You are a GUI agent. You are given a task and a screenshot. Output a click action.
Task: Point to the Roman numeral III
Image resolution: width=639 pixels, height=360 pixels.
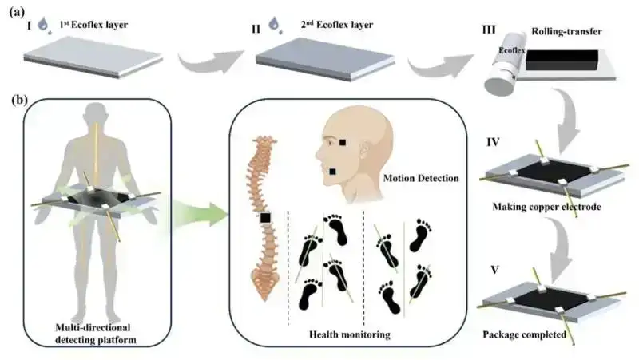(x=488, y=28)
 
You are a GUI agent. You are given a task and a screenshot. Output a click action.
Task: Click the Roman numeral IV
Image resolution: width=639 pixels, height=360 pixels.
(x=493, y=144)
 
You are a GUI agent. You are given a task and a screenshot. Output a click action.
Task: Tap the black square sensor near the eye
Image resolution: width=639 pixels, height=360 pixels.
(x=342, y=142)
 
